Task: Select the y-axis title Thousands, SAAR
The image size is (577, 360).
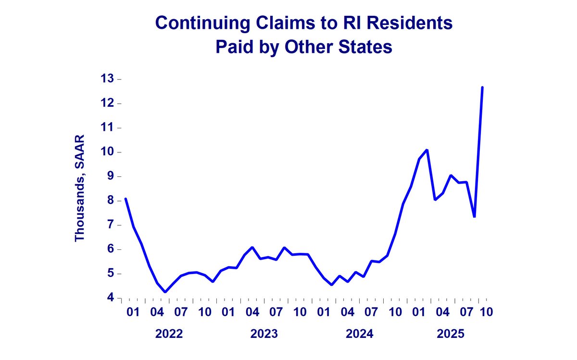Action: [79, 188]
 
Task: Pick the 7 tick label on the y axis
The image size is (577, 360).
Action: [111, 225]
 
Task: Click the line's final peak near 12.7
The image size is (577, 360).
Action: [482, 87]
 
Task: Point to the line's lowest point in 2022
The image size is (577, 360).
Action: [165, 292]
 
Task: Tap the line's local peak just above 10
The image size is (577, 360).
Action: [427, 150]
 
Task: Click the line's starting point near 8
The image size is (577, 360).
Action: [125, 199]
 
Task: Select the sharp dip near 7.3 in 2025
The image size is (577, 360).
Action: [475, 217]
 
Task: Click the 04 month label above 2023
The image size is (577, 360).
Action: [252, 312]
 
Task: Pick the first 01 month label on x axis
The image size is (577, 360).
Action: [133, 312]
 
